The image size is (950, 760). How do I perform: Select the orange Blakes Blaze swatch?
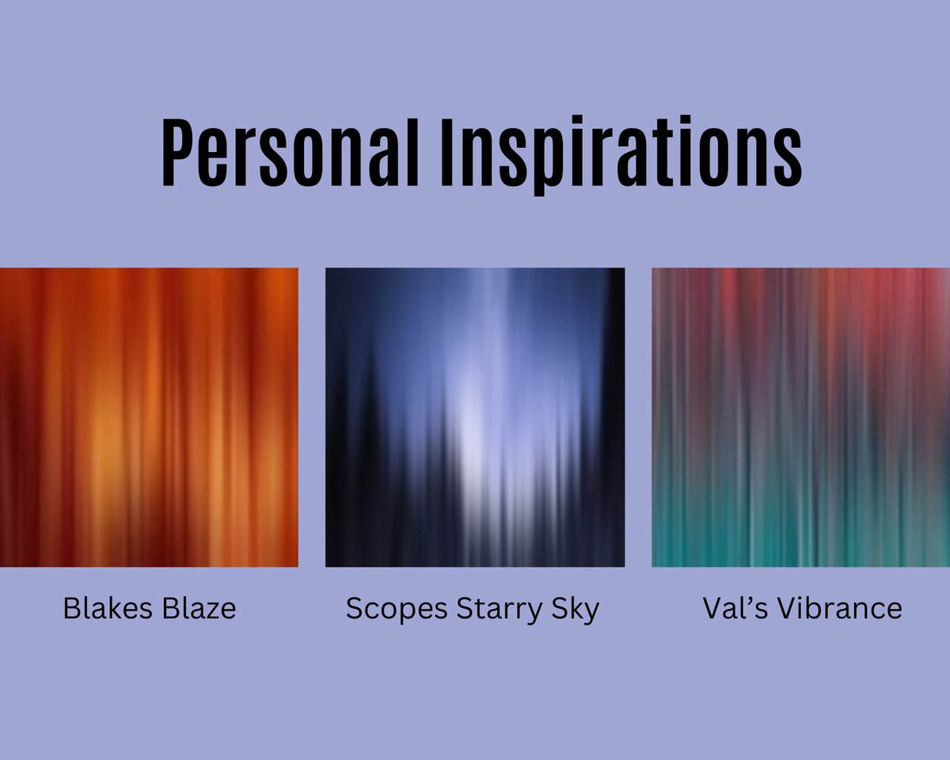[149, 417]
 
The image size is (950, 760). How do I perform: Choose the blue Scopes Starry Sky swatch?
[475, 417]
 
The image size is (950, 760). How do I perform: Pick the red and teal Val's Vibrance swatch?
[800, 417]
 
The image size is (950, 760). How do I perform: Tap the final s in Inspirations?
[785, 158]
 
